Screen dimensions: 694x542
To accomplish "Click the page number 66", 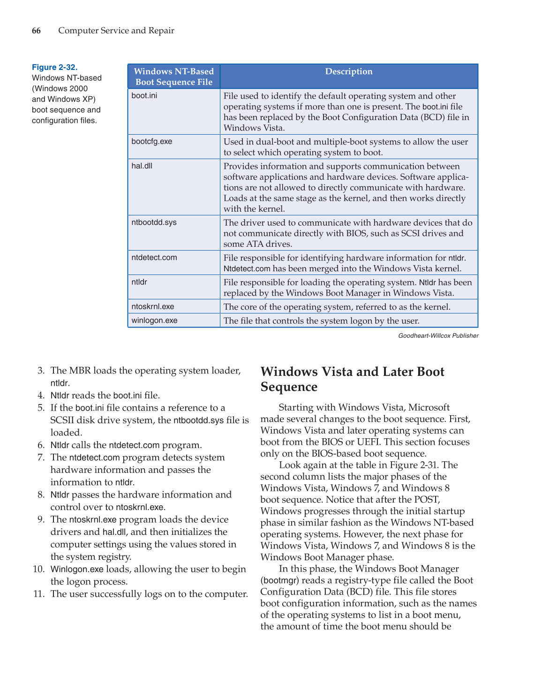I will point(36,31).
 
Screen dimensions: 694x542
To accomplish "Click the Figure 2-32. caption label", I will point(54,67).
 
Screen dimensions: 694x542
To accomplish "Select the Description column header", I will point(348,71).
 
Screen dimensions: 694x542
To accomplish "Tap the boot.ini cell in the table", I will point(144,95).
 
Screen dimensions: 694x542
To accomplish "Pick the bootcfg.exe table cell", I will point(151,141).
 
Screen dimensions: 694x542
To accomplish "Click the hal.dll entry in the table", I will point(142,166).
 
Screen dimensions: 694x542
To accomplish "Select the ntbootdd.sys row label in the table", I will point(154,222).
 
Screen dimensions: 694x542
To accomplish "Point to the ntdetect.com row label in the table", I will point(154,257).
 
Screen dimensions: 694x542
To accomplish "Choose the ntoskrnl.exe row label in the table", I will point(152,306).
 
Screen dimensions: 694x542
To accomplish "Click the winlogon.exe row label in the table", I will point(154,320).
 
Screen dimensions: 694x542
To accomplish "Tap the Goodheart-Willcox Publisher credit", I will point(438,336).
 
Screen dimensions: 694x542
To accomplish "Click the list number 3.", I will point(41,371).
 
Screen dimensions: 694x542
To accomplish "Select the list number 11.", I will point(39,594).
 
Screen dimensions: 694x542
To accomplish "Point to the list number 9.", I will point(41,519).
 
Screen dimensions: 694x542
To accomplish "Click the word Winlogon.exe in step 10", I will point(76,569).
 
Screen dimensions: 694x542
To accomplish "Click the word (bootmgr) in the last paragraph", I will point(279,580).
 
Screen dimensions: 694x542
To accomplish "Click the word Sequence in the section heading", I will point(289,387).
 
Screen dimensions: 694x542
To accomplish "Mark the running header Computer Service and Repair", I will point(116,31).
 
